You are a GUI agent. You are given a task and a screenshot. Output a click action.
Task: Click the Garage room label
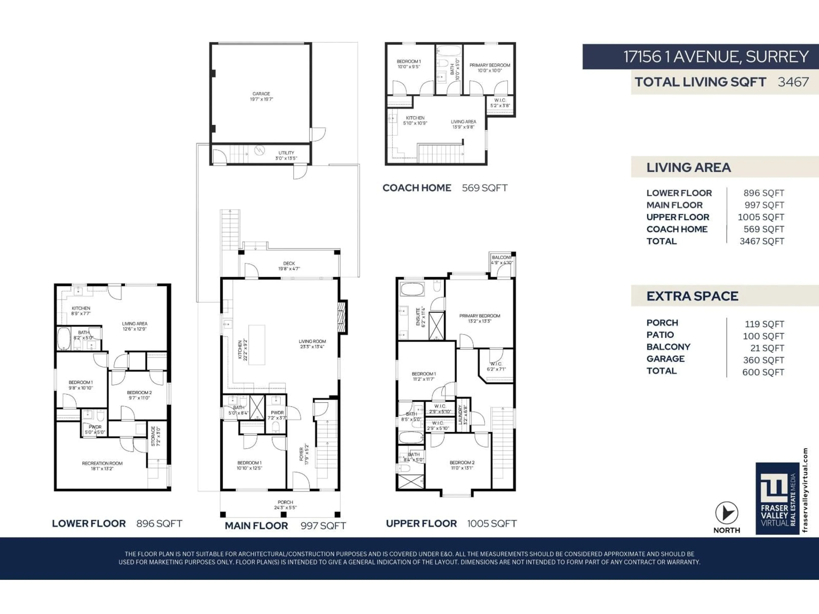tap(261, 96)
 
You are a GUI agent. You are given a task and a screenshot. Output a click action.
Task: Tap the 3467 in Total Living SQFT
tap(793, 82)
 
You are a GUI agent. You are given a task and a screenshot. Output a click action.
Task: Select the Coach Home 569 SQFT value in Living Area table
tap(764, 229)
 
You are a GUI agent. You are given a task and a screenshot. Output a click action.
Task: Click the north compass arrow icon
tap(726, 513)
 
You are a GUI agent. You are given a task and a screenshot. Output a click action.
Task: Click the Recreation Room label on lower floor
tap(102, 466)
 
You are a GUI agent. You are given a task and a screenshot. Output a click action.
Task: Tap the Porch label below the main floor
tap(285, 504)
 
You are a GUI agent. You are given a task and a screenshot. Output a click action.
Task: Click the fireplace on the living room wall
tap(342, 316)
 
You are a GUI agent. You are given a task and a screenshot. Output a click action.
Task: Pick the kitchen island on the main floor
tap(257, 345)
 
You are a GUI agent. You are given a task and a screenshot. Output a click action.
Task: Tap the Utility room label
tap(286, 155)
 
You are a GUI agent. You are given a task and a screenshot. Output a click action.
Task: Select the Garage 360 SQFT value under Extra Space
tap(764, 360)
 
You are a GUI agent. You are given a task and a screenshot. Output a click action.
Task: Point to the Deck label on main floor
tap(289, 266)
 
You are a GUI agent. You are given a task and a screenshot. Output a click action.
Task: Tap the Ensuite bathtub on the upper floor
tap(412, 289)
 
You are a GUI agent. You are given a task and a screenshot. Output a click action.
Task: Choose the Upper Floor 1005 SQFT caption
tap(451, 523)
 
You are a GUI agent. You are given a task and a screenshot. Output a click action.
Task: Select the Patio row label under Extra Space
tap(660, 335)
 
